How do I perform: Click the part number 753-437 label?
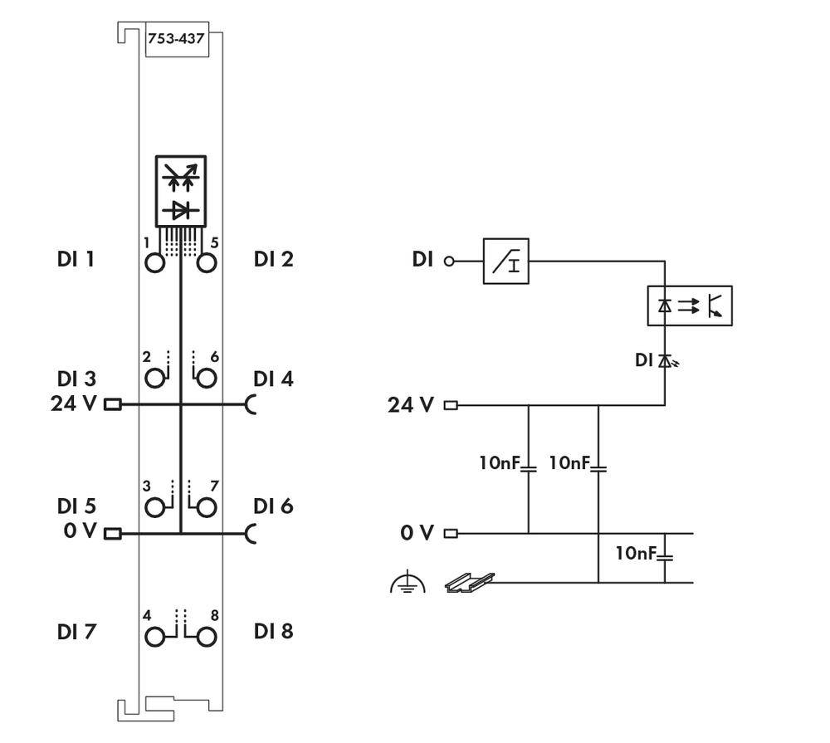click(176, 39)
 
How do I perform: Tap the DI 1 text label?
click(76, 260)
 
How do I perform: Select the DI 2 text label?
click(274, 260)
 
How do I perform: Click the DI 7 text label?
click(76, 633)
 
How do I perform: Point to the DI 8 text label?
click(274, 633)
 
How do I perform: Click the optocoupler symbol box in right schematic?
click(689, 306)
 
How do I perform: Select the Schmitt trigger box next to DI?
click(505, 262)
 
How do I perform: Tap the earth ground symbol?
click(407, 584)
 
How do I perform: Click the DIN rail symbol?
click(469, 583)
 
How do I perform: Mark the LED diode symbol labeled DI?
click(665, 360)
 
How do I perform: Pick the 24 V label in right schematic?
click(410, 406)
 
